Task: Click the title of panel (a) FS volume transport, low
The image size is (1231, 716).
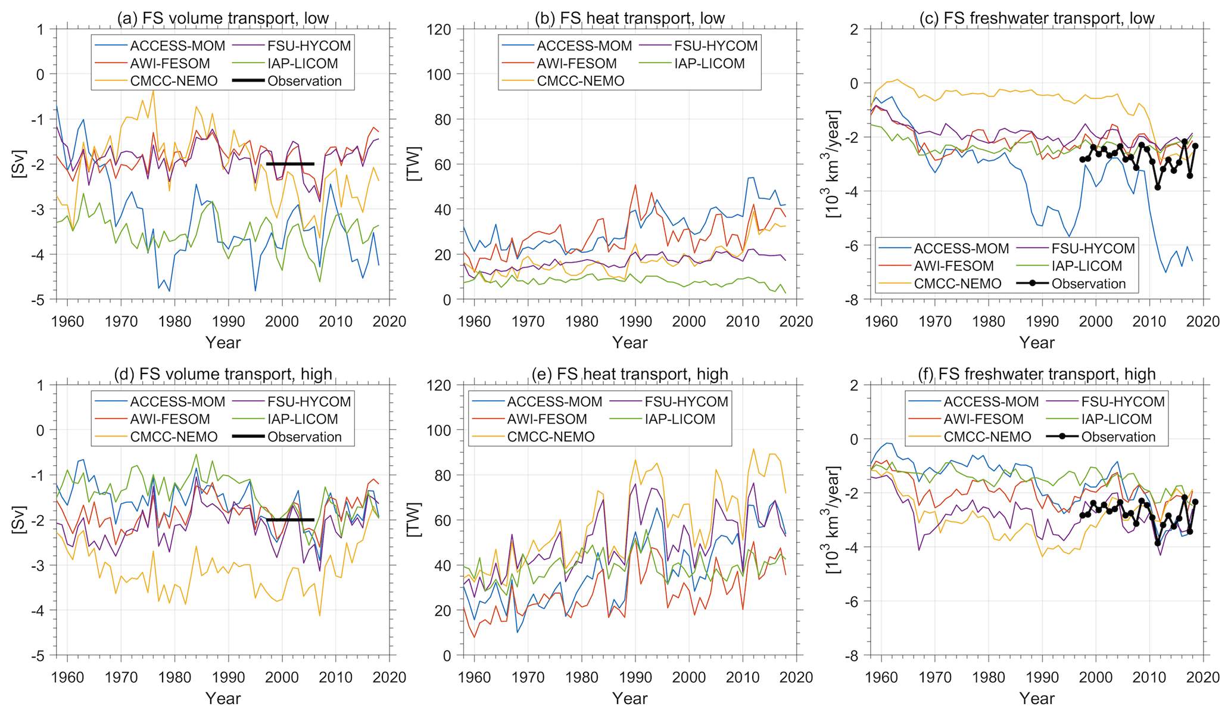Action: tap(223, 18)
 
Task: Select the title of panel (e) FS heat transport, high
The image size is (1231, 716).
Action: tap(629, 374)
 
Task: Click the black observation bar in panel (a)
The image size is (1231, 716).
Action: tap(290, 164)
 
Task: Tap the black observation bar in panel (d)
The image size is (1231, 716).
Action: tap(290, 520)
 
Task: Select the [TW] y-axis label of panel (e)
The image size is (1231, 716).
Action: tap(413, 520)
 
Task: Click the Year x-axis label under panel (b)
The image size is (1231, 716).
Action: tap(629, 343)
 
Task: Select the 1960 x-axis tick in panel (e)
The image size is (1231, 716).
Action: tap(474, 677)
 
